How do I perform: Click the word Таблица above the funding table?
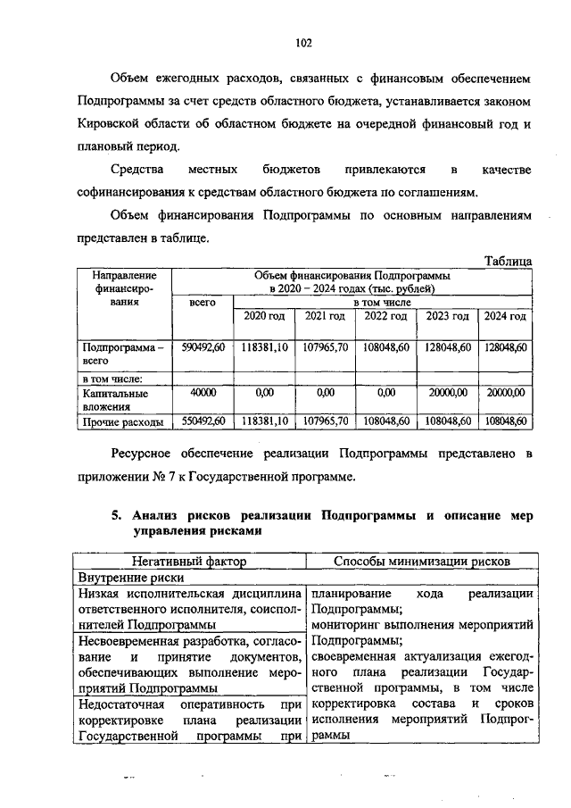[509, 261]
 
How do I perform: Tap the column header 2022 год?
[385, 317]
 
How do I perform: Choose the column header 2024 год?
[505, 317]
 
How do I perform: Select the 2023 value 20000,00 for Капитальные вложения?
[447, 391]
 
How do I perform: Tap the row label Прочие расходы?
[122, 421]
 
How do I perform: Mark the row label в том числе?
[112, 378]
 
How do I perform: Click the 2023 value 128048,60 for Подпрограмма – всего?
[447, 347]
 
